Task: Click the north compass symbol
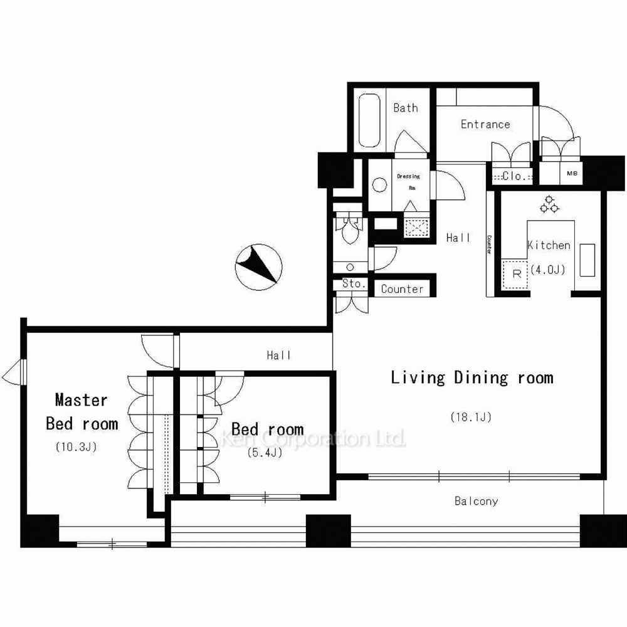259,266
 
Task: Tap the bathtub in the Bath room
369,120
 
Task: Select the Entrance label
485,124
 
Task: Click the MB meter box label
572,173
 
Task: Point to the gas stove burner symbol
549,204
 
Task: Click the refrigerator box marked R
515,274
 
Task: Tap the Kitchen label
549,245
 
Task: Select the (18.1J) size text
471,417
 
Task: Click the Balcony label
477,501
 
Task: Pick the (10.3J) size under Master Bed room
76,446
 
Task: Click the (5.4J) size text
265,452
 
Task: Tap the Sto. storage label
354,283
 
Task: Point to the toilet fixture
350,231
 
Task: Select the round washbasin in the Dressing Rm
379,185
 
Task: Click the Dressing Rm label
409,182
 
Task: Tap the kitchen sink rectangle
587,260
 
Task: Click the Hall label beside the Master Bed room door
279,355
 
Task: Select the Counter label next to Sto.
402,289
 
